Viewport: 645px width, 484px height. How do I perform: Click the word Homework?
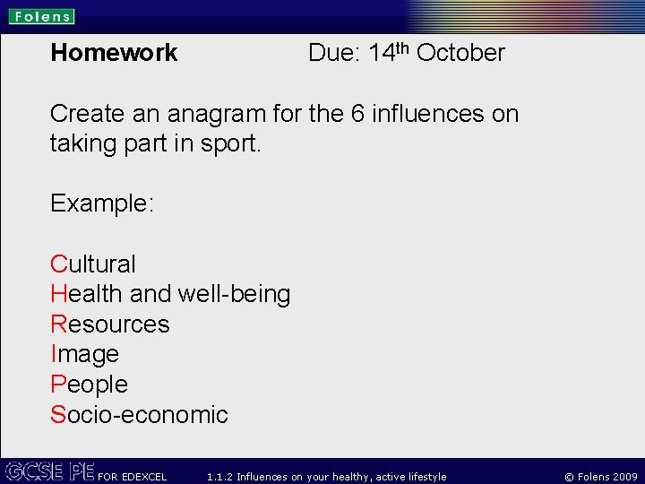click(114, 53)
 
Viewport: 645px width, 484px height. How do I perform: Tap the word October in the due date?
click(460, 53)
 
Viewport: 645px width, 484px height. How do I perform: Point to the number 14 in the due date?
click(382, 53)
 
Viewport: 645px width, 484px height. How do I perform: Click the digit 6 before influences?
click(357, 114)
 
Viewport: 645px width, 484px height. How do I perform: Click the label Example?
click(102, 203)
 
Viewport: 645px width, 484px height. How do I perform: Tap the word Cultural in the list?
click(93, 264)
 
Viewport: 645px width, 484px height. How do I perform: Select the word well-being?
click(235, 294)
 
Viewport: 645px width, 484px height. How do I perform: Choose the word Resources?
click(109, 324)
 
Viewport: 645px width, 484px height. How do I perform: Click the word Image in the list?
click(84, 354)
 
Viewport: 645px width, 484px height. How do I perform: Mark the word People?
click(89, 385)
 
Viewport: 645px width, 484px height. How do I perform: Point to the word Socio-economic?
click(139, 414)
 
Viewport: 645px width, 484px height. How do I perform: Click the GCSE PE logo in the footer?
click(49, 471)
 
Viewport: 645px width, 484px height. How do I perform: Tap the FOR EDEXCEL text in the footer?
click(132, 477)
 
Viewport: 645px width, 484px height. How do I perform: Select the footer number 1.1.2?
click(219, 477)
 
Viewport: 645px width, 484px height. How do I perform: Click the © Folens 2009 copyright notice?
click(600, 477)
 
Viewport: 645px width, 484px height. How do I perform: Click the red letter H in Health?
click(59, 294)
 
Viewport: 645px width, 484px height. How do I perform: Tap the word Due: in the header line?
click(333, 53)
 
